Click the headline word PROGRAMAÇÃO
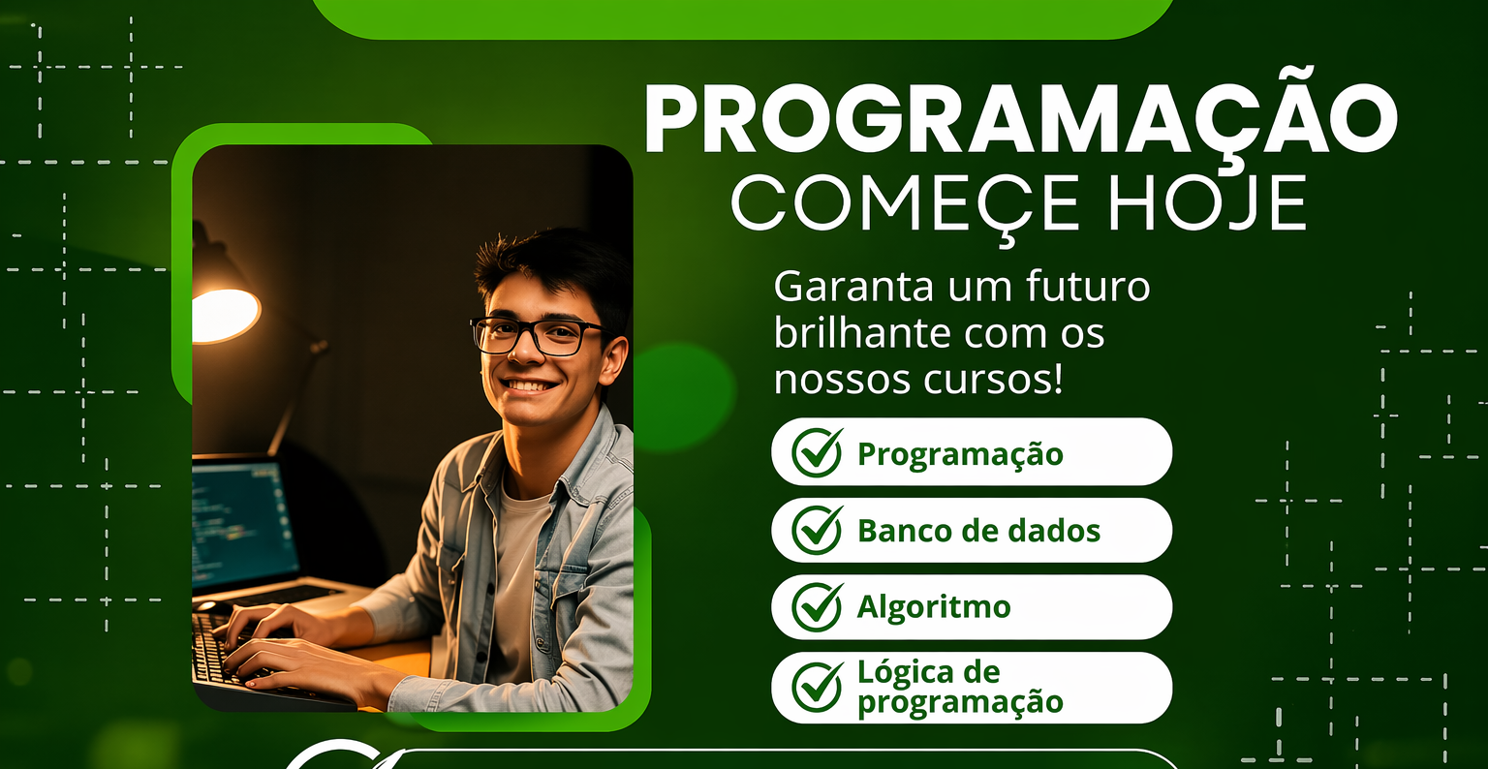1021,119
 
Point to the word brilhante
863,333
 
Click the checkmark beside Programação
818,452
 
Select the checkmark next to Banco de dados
818,529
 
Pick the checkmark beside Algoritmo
818,606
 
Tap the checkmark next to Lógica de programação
818,686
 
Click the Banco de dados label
978,531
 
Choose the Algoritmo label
934,607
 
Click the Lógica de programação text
960,688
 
